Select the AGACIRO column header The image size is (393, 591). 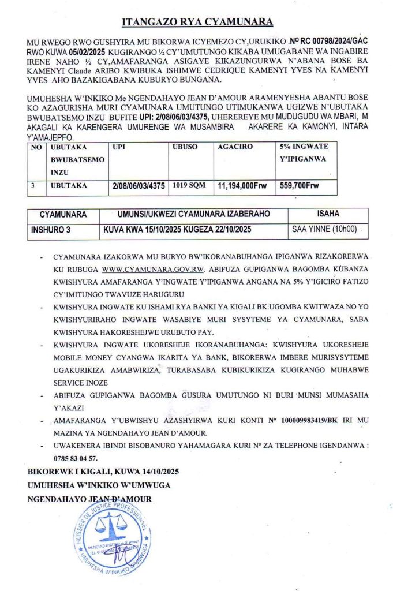tap(235, 147)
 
